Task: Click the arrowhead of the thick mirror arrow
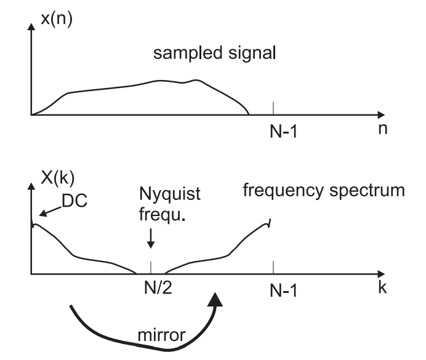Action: (216, 299)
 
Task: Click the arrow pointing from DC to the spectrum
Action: (47, 210)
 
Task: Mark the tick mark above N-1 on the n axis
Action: (273, 108)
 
